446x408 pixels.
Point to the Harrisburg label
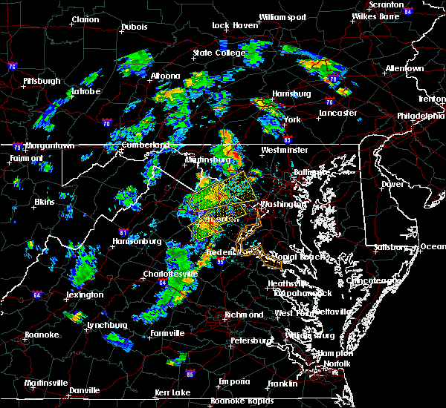[x=291, y=94]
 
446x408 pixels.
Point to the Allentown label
[x=404, y=68]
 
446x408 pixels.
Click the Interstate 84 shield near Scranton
[x=407, y=12]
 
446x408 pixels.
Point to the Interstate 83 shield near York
[x=287, y=138]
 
